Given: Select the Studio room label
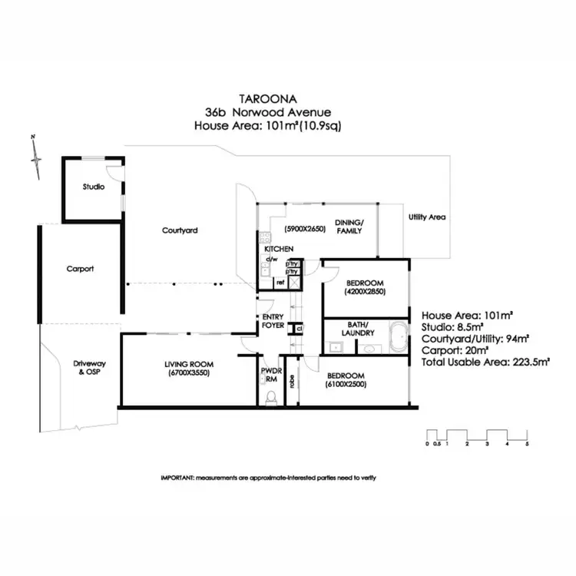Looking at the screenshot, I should pyautogui.click(x=93, y=187).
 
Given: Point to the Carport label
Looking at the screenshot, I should pyautogui.click(x=80, y=269).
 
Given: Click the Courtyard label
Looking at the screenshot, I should pyautogui.click(x=180, y=230).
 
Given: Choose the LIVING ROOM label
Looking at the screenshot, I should pyautogui.click(x=187, y=363).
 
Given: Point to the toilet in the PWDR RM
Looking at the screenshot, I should pyautogui.click(x=270, y=398).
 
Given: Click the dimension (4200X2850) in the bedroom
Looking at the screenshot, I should pyautogui.click(x=365, y=292).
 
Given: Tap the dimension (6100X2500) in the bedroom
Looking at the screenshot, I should pyautogui.click(x=346, y=384).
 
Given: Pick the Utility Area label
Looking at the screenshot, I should pyautogui.click(x=427, y=217).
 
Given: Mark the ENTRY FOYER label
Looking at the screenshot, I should pyautogui.click(x=273, y=321).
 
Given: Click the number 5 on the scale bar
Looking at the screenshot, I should pyautogui.click(x=527, y=444).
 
